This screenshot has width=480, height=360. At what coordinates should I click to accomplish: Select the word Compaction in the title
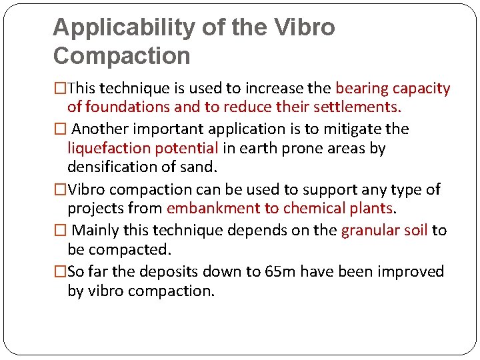(121, 56)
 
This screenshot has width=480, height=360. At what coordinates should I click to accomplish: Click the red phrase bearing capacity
(393, 89)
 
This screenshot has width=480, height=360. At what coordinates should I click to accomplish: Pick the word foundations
(126, 107)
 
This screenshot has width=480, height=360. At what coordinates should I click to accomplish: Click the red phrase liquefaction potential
(143, 148)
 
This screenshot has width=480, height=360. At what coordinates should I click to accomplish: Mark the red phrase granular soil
(384, 231)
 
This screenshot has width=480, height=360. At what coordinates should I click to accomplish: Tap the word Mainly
(96, 231)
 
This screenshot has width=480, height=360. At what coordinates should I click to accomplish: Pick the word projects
(96, 208)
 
